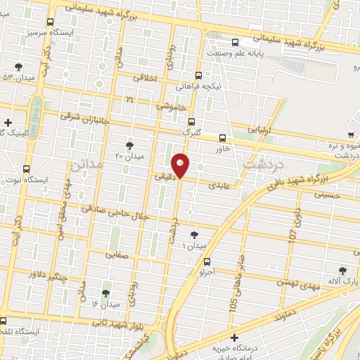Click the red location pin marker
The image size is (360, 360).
181,165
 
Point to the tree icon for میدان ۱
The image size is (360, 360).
195,236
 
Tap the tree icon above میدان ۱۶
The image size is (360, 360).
106,292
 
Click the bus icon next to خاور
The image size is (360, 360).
223,138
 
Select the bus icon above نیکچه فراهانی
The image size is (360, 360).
198,76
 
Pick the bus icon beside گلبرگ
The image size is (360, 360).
191,122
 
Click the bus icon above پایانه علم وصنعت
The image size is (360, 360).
234,42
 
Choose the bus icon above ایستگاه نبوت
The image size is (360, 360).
27,169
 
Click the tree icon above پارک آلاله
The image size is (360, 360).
342,270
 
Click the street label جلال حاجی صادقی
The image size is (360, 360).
115,209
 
